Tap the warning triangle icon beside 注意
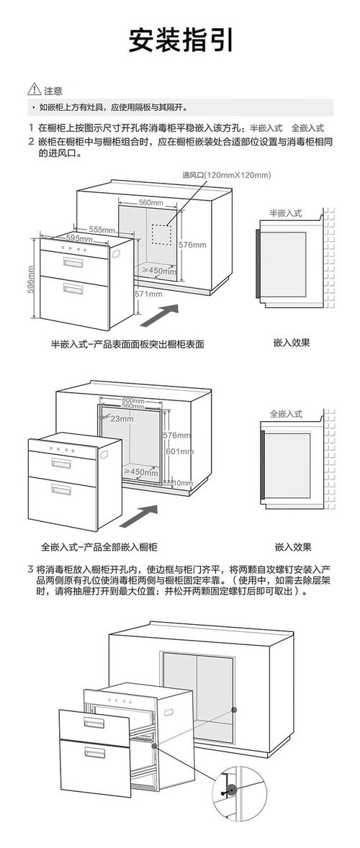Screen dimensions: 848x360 point(34,91)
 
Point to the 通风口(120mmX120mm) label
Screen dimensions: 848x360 point(226,175)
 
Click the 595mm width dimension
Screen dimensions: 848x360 point(78,238)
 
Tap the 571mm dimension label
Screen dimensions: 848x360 point(148,294)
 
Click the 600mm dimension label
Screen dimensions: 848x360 point(133,400)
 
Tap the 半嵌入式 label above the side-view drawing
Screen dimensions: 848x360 point(286,214)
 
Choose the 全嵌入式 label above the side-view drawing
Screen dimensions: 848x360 point(286,415)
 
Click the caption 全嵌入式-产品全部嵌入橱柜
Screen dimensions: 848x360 point(99,547)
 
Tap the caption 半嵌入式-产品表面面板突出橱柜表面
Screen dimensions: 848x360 point(127,344)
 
